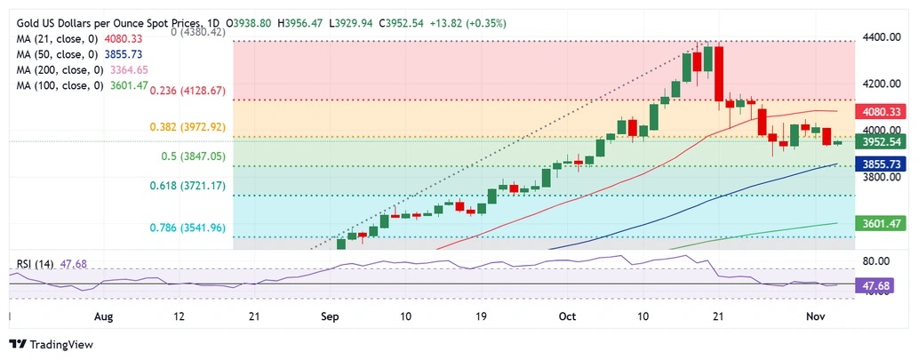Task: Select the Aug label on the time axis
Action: [104, 316]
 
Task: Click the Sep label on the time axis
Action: [330, 316]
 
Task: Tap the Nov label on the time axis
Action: [817, 316]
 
